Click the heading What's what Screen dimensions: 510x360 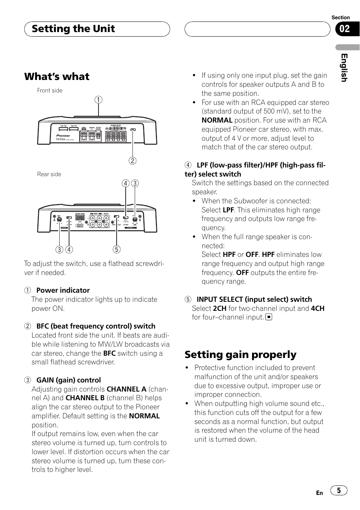coord(57,77)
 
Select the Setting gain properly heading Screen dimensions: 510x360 coord(240,355)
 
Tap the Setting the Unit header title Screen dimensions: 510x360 coord(73,29)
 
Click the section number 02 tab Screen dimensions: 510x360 coord(345,29)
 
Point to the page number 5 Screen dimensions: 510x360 coord(339,490)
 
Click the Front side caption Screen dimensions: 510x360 coord(49,91)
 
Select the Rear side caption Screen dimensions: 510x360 coord(49,174)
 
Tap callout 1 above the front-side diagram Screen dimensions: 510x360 coord(98,100)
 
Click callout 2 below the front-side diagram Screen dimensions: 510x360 coord(132,161)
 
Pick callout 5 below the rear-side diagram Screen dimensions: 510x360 coord(116,249)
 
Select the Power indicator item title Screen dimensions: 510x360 coord(63,290)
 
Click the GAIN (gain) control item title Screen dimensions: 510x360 coord(68,380)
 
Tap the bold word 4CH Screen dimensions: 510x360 coord(317,309)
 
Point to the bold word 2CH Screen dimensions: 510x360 coord(220,309)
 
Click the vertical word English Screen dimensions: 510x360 coord(344,68)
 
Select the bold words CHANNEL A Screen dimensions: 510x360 coord(126,389)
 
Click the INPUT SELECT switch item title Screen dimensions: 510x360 coord(254,300)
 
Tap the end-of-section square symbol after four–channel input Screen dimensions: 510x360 coord(269,317)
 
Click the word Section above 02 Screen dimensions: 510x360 coord(340,17)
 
